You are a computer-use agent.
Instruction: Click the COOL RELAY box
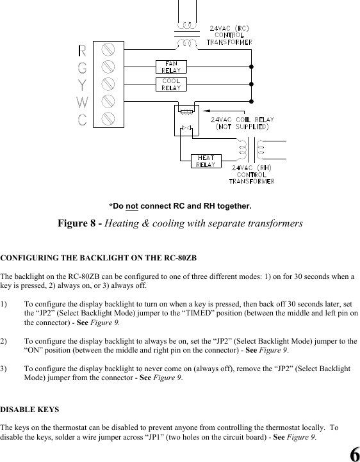coord(170,84)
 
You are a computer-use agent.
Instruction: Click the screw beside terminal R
coord(108,49)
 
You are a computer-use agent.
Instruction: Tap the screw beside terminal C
coord(108,118)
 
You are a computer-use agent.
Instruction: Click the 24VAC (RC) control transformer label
coord(229,35)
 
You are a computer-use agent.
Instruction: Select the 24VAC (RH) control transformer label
coord(252,174)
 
